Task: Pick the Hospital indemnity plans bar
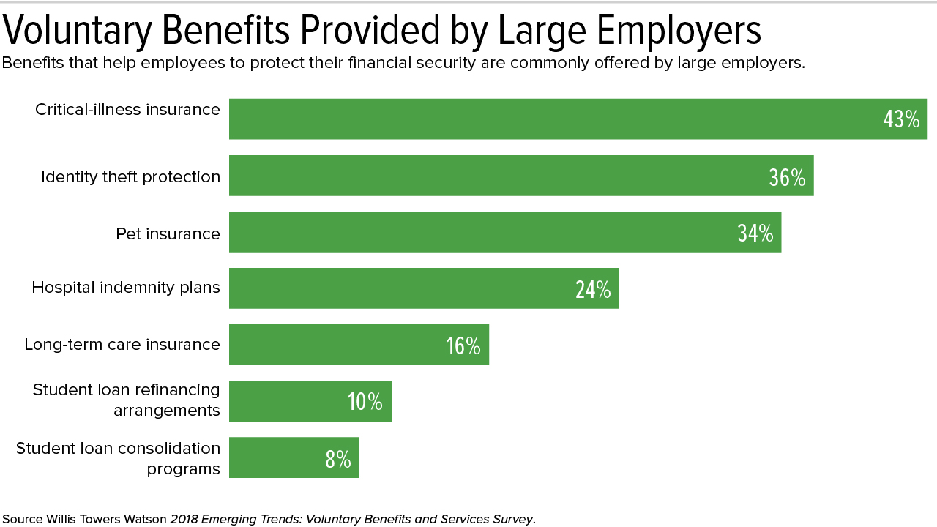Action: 410,288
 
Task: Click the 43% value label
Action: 901,119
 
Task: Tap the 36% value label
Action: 787,177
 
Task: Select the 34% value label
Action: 755,233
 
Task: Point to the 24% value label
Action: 593,290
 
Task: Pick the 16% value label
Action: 463,346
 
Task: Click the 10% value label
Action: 365,403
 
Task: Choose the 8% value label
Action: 337,459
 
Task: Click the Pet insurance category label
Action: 168,233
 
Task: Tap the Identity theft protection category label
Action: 130,177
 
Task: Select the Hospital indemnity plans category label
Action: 125,288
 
